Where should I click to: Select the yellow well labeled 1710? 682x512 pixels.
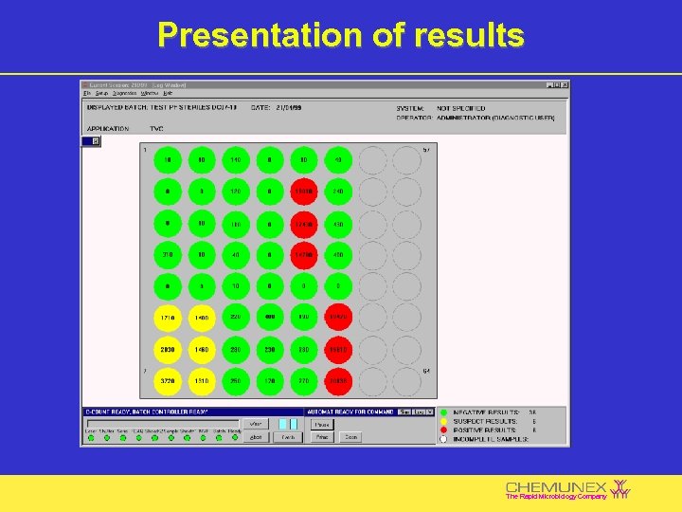[x=168, y=317]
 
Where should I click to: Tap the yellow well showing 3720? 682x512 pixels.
[x=168, y=381]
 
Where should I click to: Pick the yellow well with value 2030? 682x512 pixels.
[x=168, y=349]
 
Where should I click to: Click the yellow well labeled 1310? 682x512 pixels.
[x=202, y=381]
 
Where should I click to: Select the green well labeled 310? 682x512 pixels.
[x=168, y=254]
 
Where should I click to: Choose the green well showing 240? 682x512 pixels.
[x=338, y=191]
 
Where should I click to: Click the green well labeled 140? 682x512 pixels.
[x=236, y=160]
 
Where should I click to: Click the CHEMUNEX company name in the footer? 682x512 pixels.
[x=557, y=486]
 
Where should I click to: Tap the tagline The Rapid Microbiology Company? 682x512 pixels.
[x=556, y=497]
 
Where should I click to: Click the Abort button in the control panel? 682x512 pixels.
[x=255, y=437]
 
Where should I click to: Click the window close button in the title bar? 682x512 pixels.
[x=565, y=84]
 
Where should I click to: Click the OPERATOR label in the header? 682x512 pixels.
[x=414, y=117]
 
